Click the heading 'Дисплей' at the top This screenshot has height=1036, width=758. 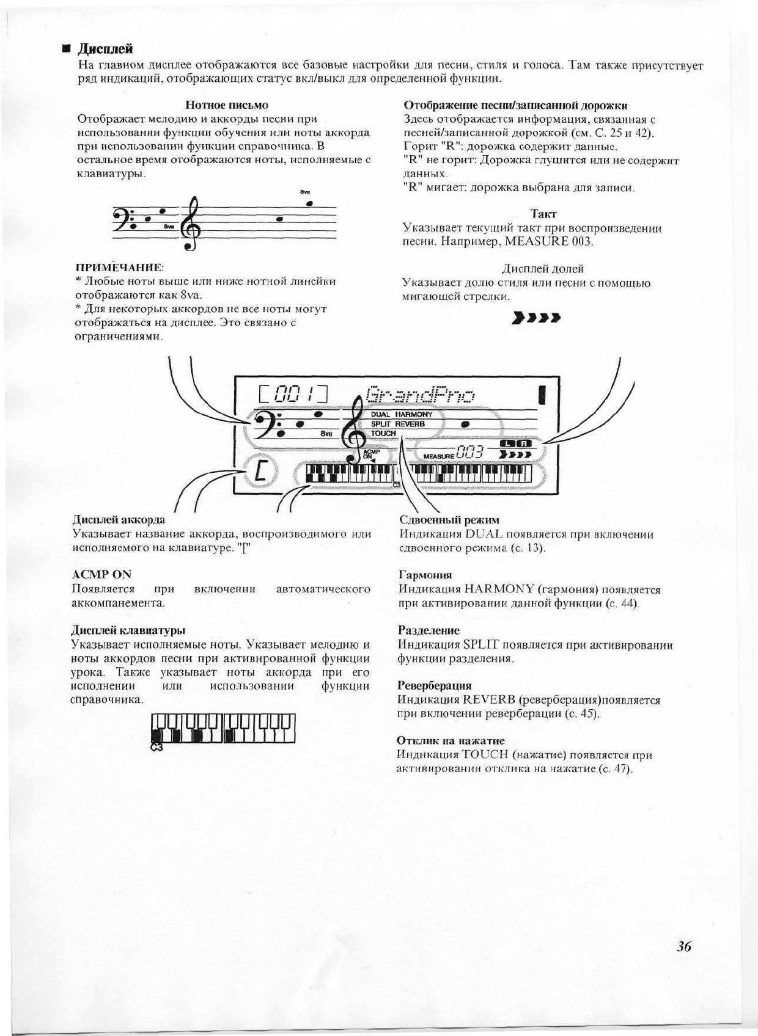(x=107, y=49)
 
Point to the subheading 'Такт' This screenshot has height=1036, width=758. (x=543, y=214)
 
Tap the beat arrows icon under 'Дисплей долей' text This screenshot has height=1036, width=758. (x=537, y=318)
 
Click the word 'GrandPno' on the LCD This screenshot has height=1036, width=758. (x=419, y=395)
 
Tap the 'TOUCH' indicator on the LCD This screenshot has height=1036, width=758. (x=383, y=433)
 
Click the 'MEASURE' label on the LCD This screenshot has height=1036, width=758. (x=438, y=456)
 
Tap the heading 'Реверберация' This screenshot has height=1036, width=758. (x=434, y=685)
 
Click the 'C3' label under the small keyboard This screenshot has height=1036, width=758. (x=156, y=747)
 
